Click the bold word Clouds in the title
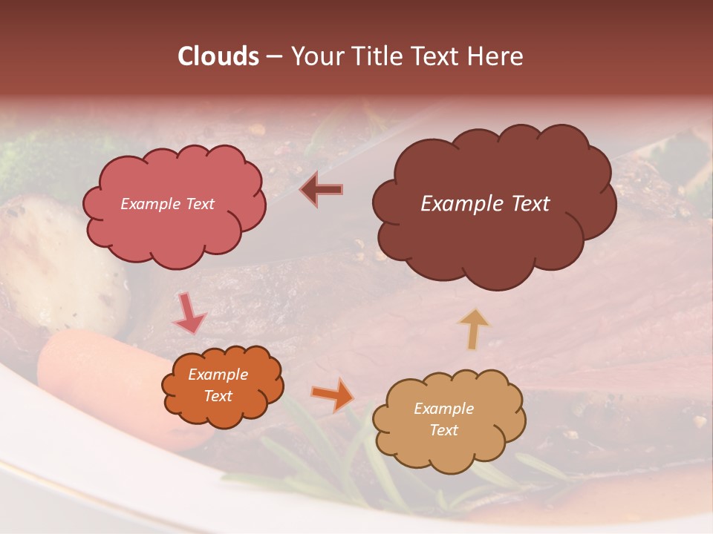(x=218, y=56)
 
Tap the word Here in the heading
(x=497, y=56)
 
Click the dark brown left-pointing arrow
(x=322, y=189)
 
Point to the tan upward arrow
(x=474, y=328)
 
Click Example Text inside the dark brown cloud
(x=485, y=204)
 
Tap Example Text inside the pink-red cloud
(x=167, y=204)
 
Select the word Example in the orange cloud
(x=218, y=375)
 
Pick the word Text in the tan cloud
(x=444, y=431)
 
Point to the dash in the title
(x=273, y=56)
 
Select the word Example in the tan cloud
(x=443, y=409)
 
